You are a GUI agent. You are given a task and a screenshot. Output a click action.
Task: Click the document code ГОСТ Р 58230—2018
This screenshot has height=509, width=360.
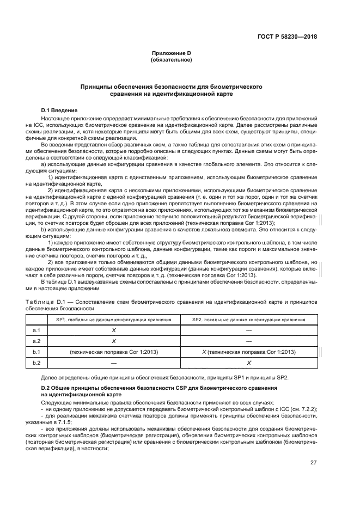(x=287, y=37)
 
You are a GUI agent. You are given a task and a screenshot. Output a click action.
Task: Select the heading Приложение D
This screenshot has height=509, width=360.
(x=172, y=53)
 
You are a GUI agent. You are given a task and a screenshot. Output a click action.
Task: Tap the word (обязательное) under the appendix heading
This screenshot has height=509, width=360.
(x=172, y=60)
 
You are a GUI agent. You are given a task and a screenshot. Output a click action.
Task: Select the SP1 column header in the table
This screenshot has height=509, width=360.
(x=114, y=320)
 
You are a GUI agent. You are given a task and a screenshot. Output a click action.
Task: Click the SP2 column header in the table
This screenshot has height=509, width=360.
(x=248, y=320)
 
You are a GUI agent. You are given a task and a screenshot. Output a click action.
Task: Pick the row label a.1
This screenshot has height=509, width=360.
(x=37, y=330)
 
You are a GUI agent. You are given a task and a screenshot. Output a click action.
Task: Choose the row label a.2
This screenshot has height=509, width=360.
(x=37, y=341)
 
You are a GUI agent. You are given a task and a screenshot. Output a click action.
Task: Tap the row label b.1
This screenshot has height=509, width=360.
(x=37, y=352)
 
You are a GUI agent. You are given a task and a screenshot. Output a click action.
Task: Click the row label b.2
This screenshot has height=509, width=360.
(x=37, y=363)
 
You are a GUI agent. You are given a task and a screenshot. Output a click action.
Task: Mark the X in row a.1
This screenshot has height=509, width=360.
(x=114, y=330)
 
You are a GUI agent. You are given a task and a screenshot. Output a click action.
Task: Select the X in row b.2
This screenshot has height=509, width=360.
(x=248, y=363)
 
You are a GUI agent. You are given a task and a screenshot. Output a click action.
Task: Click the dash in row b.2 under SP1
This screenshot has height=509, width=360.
(x=114, y=363)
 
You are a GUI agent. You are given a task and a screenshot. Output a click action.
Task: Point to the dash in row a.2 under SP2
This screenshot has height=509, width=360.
(x=248, y=341)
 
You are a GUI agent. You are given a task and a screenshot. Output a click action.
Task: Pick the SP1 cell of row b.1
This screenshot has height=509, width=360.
(x=114, y=352)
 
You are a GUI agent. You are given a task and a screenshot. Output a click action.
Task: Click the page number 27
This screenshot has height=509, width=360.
(x=313, y=463)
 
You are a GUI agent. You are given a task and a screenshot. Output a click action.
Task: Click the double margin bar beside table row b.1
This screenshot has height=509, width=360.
(x=321, y=352)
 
